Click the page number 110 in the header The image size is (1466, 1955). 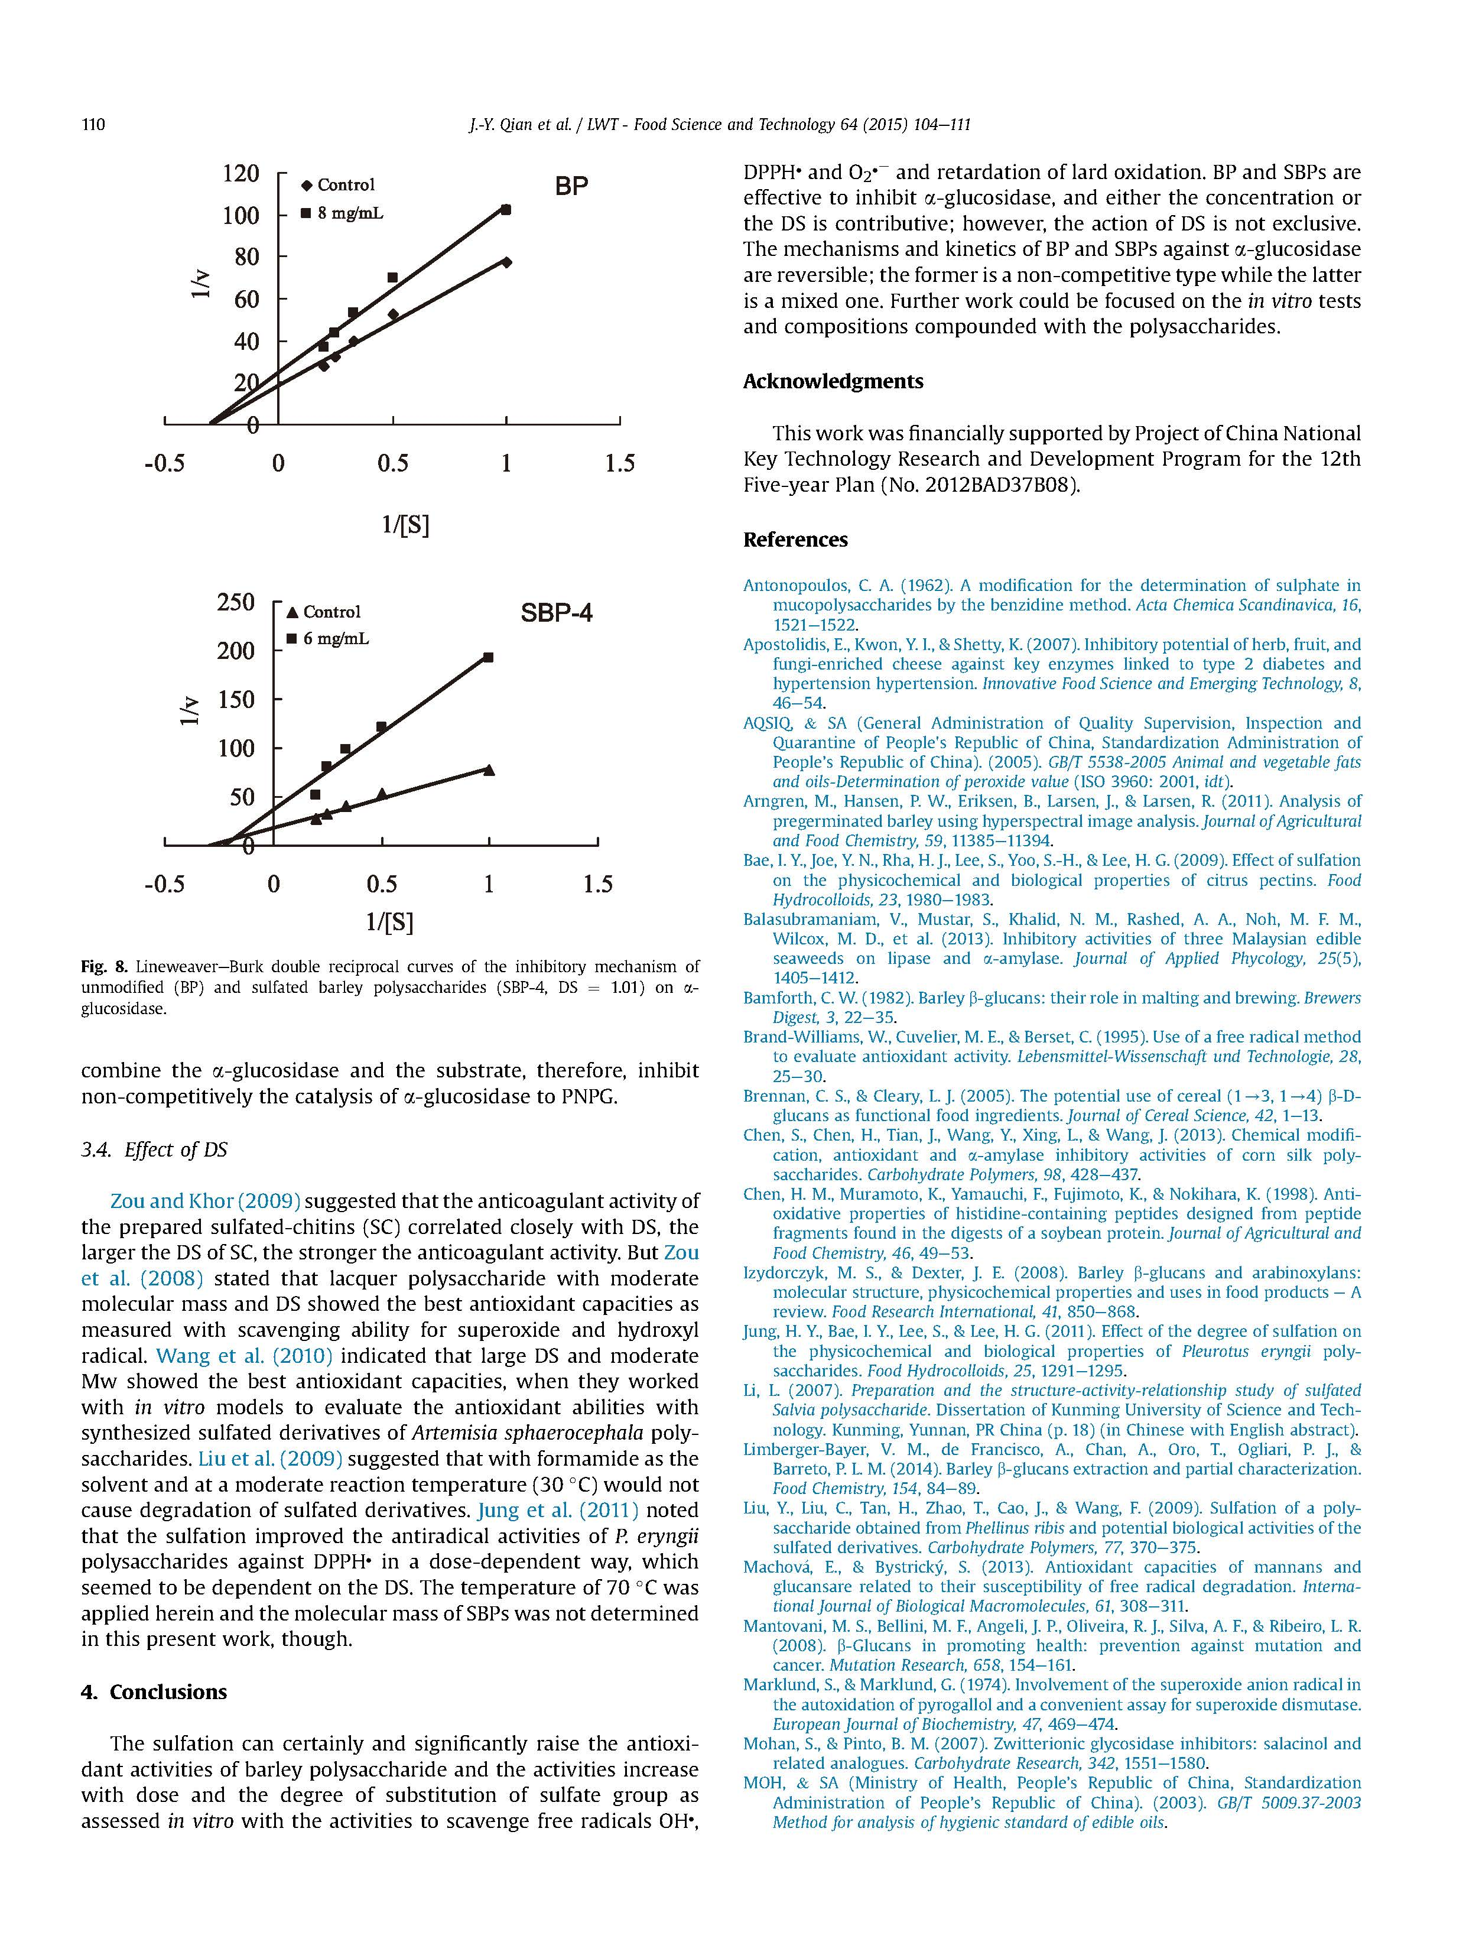[93, 125]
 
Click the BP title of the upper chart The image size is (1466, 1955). [571, 187]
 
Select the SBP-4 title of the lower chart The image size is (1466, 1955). [556, 612]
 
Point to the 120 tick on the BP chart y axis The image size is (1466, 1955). [240, 173]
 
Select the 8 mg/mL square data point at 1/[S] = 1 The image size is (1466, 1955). [506, 209]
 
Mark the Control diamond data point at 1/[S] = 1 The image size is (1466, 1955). [506, 262]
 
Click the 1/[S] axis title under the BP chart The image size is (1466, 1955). [405, 525]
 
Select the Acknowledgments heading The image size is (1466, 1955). [833, 381]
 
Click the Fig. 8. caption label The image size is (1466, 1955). [104, 966]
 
